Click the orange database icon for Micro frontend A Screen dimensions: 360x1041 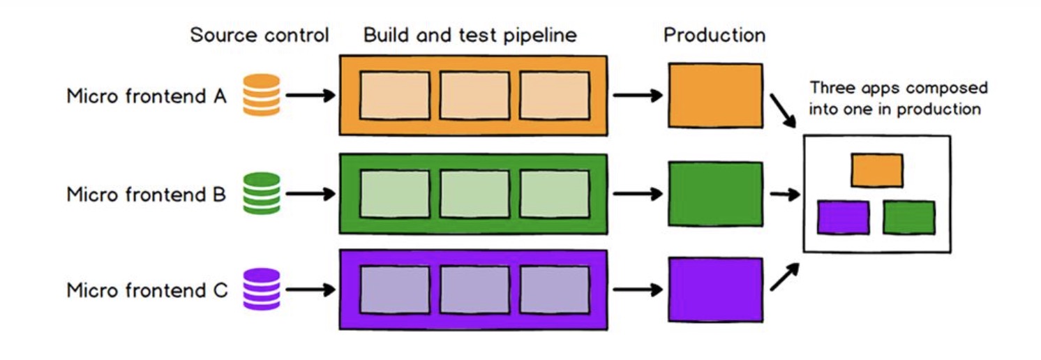[x=261, y=95]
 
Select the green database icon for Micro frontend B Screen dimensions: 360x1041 [x=261, y=193]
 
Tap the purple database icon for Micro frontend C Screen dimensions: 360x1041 [x=261, y=290]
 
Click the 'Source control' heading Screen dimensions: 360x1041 [x=259, y=36]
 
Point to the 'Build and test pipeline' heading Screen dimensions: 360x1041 [x=470, y=36]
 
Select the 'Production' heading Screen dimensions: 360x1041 [x=714, y=36]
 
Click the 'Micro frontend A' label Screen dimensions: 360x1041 [x=147, y=96]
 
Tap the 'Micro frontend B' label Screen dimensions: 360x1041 [x=147, y=194]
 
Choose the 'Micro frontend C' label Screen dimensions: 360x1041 [x=147, y=290]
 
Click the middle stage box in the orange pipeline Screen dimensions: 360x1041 [x=474, y=95]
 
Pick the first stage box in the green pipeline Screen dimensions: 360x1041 [x=394, y=193]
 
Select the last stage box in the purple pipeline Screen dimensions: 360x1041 [x=555, y=290]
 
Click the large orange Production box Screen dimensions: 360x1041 [x=715, y=95]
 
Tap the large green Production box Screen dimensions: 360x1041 [x=715, y=193]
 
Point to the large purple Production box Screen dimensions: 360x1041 [x=715, y=290]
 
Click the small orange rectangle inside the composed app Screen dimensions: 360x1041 [x=876, y=170]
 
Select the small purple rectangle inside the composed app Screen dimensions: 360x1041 [x=843, y=217]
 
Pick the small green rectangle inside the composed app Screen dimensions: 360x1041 [x=908, y=217]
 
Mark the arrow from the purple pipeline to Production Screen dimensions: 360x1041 [x=637, y=290]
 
